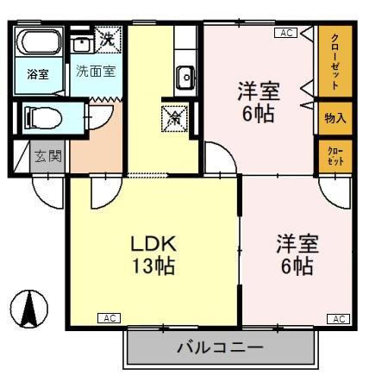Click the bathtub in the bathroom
click(38, 44)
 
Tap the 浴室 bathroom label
click(38, 74)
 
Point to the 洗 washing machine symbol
click(107, 38)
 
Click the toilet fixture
click(42, 116)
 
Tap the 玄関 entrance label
click(47, 157)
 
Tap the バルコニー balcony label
click(220, 348)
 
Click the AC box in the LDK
click(110, 318)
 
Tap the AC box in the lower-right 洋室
click(339, 319)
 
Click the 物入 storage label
click(335, 118)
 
